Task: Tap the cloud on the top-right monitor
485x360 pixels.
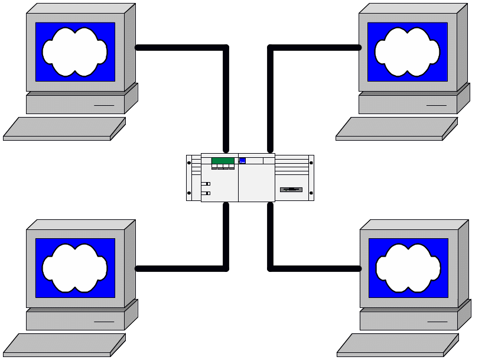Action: pos(408,51)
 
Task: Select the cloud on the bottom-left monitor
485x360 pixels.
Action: pos(74,268)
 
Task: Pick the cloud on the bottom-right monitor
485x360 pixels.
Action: pos(408,268)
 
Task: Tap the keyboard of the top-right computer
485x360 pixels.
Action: pos(396,129)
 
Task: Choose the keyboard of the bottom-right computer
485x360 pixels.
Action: pos(397,345)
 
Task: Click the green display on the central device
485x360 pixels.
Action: pos(223,161)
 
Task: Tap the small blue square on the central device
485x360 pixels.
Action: pos(242,160)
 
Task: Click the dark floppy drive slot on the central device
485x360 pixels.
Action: pos(291,190)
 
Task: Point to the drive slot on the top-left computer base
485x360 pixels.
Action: pos(104,106)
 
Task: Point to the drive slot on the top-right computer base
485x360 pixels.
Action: pos(437,106)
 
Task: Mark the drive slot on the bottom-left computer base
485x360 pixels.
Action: pos(104,322)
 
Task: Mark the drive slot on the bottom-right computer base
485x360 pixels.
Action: pos(437,322)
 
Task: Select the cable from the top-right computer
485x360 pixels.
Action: pos(313,47)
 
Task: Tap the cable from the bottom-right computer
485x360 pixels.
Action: pos(313,268)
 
